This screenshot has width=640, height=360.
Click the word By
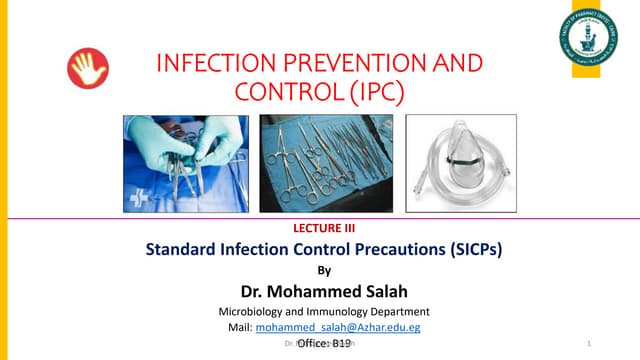[321, 270]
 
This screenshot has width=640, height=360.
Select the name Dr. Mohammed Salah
[320, 291]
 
